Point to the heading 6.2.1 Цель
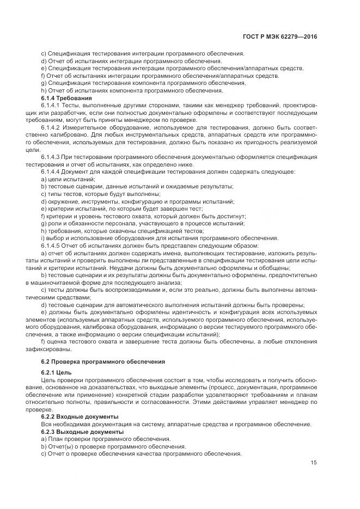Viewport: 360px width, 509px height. click(57, 372)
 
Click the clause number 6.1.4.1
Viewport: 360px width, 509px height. click(51, 105)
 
